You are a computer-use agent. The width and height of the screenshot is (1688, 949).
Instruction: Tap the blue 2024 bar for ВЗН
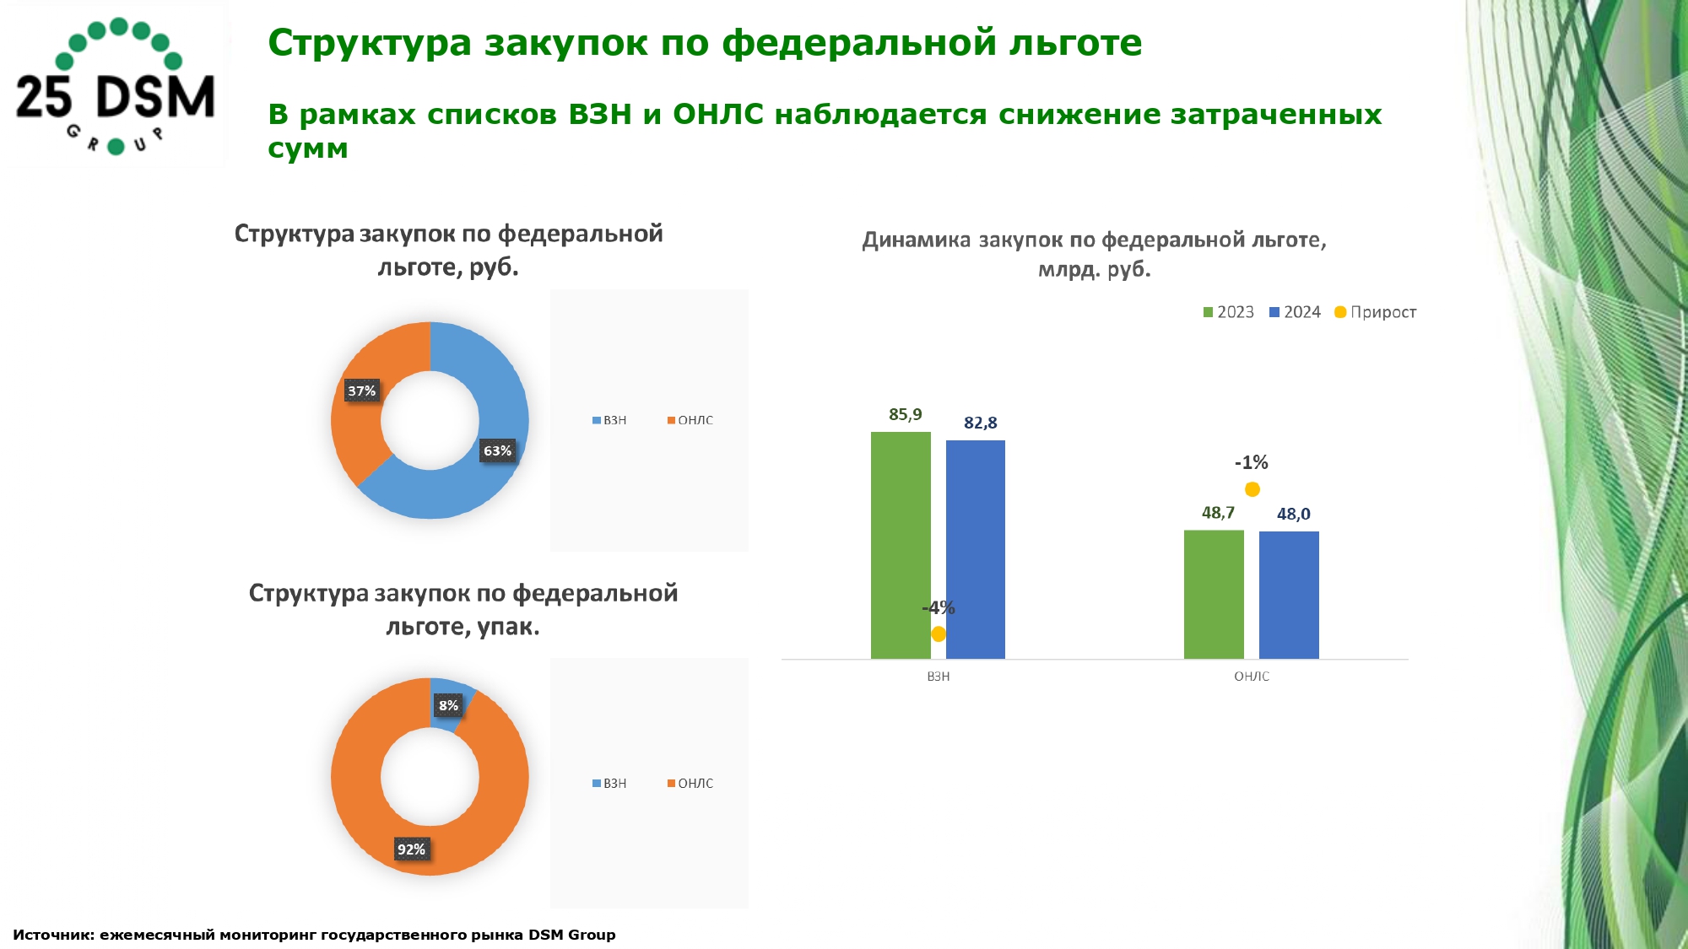point(976,549)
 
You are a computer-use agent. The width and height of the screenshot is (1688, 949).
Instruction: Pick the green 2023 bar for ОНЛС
point(1214,594)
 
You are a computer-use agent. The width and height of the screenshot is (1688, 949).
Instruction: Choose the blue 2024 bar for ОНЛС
point(1289,595)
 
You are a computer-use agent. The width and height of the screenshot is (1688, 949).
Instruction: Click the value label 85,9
point(905,414)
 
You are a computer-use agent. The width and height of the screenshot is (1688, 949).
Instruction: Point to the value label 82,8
point(980,423)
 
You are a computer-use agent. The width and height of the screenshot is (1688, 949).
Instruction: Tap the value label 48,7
point(1218,513)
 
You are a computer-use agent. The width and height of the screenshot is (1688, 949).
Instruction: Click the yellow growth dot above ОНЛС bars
point(1252,489)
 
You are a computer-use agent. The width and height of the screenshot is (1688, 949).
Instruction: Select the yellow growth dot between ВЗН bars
point(939,634)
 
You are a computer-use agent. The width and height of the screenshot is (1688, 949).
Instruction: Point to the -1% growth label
point(1251,462)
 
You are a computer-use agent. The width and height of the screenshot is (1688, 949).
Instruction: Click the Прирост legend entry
point(1375,312)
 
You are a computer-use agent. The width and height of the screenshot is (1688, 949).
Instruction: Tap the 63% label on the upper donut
point(497,450)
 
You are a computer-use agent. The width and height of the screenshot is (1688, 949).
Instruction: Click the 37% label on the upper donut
point(361,391)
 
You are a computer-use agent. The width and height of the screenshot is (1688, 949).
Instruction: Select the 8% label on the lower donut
point(448,705)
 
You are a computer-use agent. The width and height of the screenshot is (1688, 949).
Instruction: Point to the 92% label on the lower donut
point(411,849)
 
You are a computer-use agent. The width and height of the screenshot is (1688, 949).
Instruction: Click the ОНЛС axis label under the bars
point(1251,677)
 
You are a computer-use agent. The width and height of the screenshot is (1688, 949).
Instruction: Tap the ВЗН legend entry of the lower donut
point(609,784)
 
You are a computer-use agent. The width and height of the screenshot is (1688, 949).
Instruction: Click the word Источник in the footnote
point(52,935)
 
